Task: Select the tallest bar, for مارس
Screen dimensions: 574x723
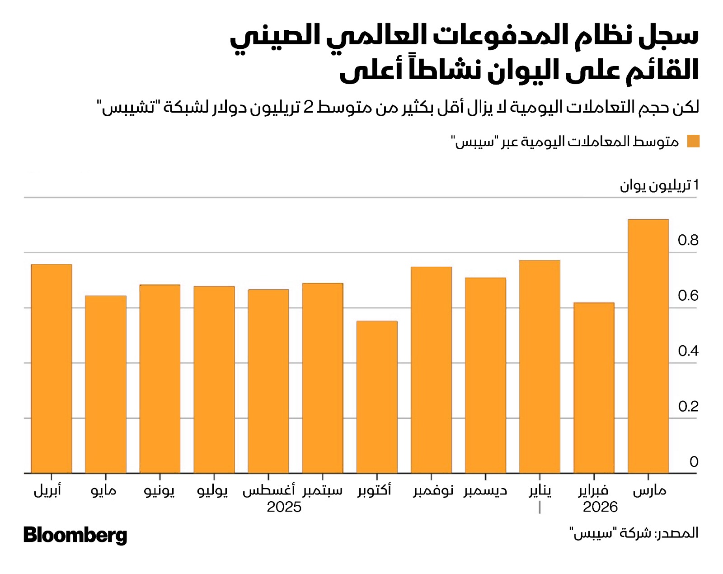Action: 648,346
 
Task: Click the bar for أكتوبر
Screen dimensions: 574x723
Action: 377,397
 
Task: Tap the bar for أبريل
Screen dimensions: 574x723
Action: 51,369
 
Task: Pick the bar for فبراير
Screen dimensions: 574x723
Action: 594,388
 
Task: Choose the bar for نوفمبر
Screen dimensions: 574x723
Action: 431,370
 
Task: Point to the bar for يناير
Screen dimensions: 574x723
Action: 540,367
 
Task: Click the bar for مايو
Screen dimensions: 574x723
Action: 105,384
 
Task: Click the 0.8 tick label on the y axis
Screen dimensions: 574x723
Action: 688,240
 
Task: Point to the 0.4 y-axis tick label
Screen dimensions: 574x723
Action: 688,351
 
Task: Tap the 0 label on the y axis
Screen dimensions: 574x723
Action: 694,462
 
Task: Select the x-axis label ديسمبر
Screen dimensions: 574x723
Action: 485,491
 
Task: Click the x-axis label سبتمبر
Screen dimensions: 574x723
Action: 323,491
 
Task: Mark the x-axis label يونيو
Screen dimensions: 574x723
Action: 160,491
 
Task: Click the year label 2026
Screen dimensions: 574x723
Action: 600,507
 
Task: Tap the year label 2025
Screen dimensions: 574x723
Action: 284,507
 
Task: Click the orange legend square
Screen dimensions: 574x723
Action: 693,141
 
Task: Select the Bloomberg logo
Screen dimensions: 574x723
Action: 75,535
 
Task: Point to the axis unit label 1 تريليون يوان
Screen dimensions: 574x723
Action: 659,185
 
